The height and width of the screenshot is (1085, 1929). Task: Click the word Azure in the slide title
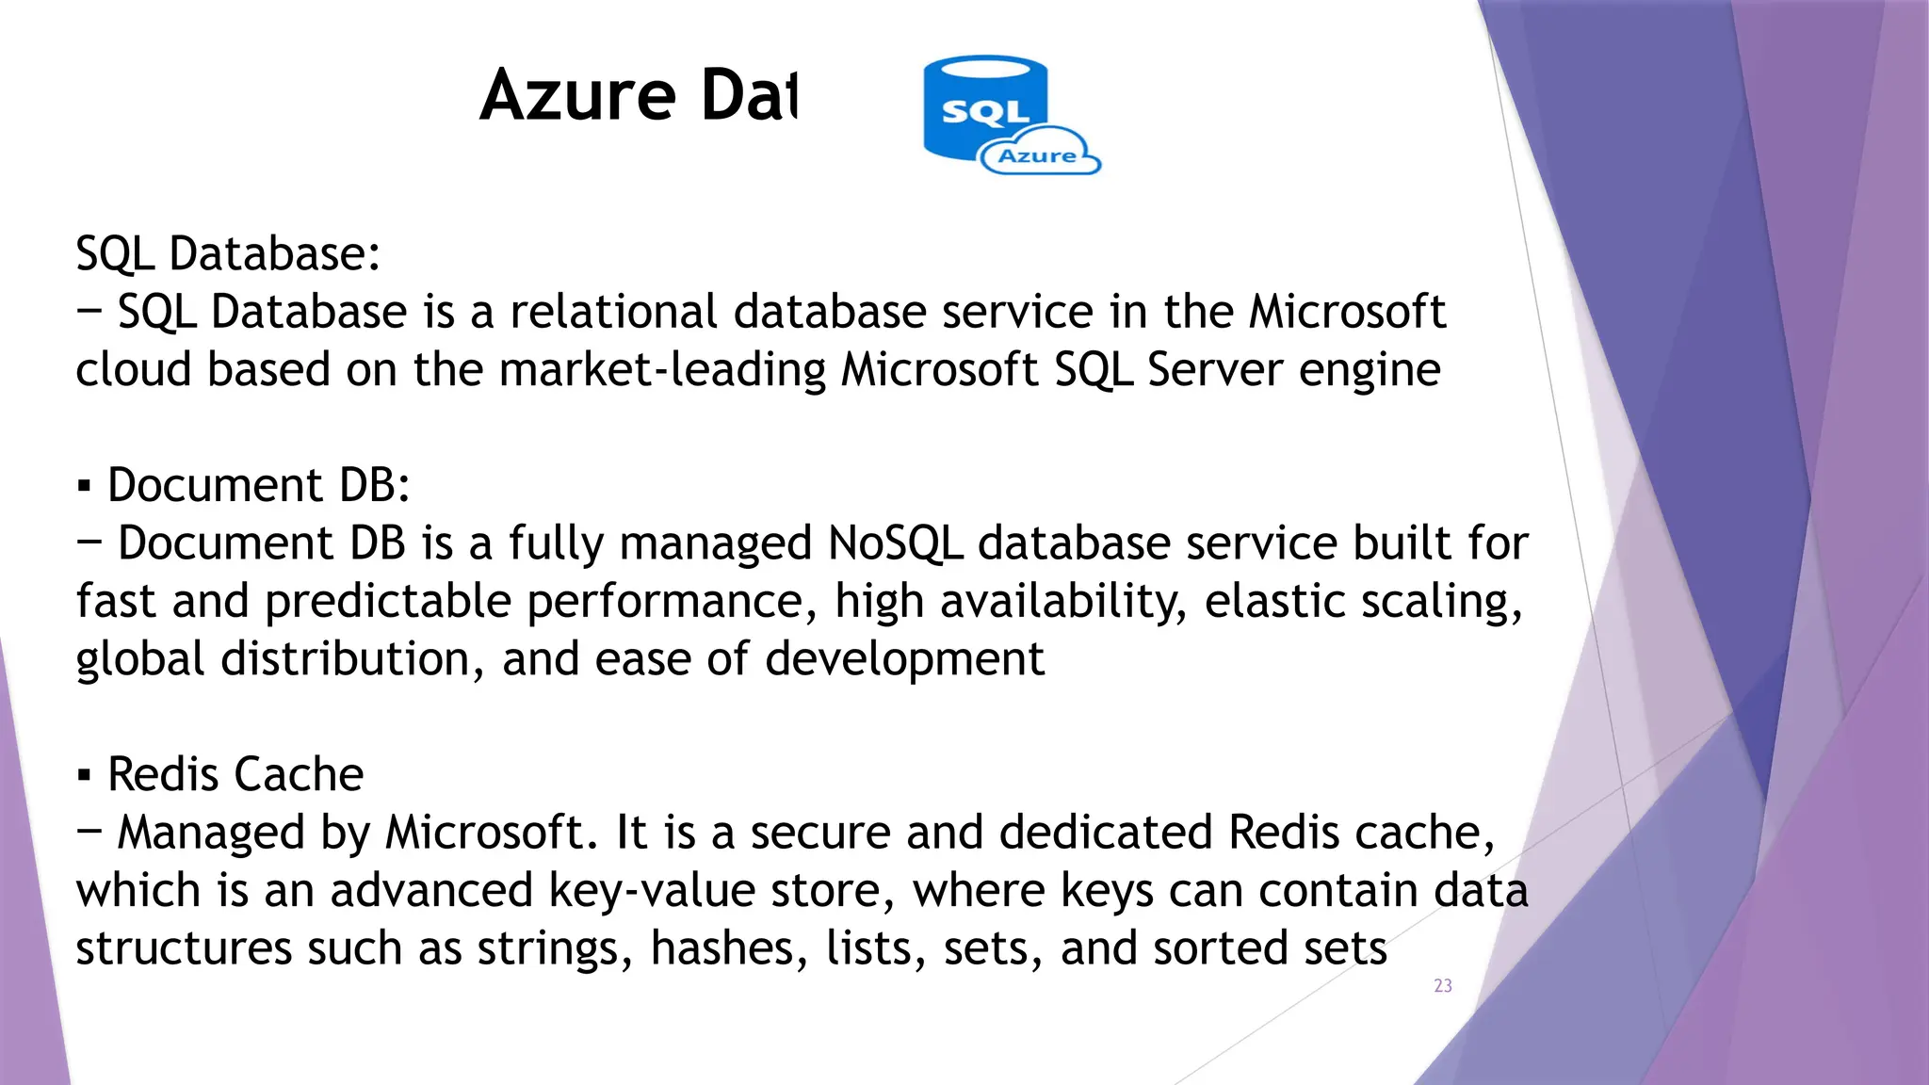(578, 96)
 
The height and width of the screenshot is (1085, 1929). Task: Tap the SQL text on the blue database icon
(985, 112)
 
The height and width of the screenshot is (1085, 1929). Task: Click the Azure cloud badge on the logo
(1038, 156)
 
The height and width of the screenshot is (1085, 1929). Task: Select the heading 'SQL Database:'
(228, 254)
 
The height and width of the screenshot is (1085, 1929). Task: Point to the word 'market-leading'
(662, 369)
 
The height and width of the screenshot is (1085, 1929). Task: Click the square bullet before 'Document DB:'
(85, 487)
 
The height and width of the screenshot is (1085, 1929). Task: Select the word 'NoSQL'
(895, 543)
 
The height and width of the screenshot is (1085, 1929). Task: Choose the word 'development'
(904, 659)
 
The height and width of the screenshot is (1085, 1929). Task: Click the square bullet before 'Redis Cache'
(85, 776)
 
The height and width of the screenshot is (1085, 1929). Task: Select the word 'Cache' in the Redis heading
(299, 775)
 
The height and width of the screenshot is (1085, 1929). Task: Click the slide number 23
(1443, 986)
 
